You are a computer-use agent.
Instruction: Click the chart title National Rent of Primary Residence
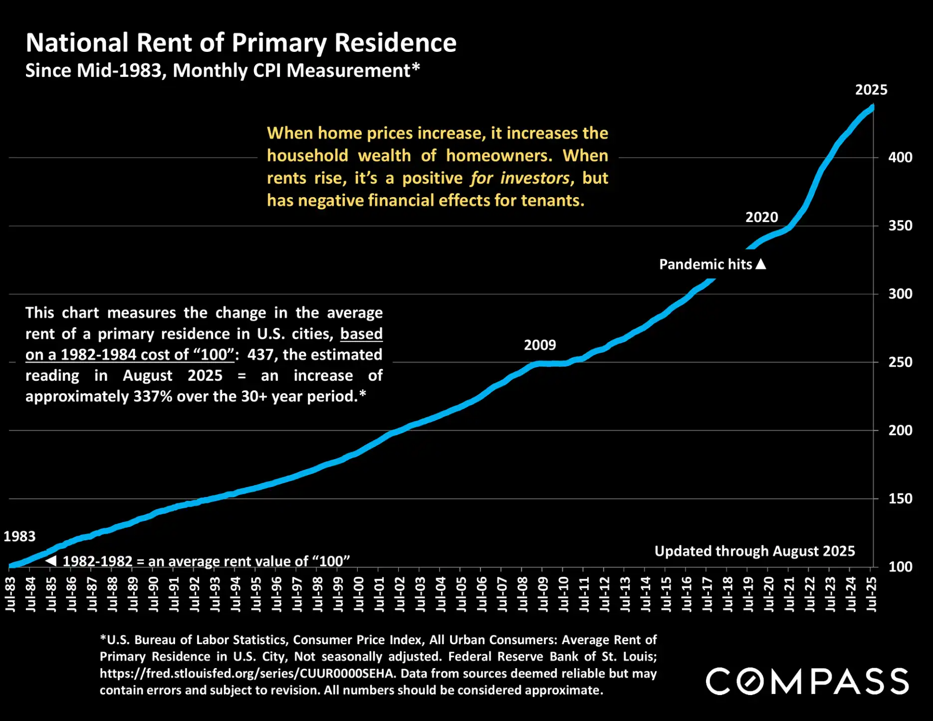pyautogui.click(x=241, y=43)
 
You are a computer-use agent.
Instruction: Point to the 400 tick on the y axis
pyautogui.click(x=900, y=158)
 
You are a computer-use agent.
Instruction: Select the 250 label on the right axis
pyautogui.click(x=900, y=362)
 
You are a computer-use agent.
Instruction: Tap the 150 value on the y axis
pyautogui.click(x=900, y=498)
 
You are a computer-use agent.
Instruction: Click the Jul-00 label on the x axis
pyautogui.click(x=358, y=594)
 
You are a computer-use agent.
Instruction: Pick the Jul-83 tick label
pyautogui.click(x=10, y=594)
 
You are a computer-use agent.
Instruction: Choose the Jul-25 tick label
pyautogui.click(x=871, y=594)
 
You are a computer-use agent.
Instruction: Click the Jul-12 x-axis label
pyautogui.click(x=604, y=594)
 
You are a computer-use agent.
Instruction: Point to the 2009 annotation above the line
pyautogui.click(x=539, y=345)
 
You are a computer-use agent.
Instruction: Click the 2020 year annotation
pyautogui.click(x=761, y=218)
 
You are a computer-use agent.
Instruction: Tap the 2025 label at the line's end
pyautogui.click(x=871, y=90)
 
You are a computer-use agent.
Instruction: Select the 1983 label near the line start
pyautogui.click(x=19, y=536)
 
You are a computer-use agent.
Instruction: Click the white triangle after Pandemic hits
pyautogui.click(x=760, y=264)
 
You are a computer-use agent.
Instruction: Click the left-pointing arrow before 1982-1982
pyautogui.click(x=51, y=561)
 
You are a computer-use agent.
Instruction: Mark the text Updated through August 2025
pyautogui.click(x=754, y=551)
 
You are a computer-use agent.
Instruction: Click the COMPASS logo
pyautogui.click(x=807, y=682)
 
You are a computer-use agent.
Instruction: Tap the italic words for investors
pyautogui.click(x=519, y=178)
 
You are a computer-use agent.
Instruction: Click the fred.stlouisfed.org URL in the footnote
pyautogui.click(x=246, y=674)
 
